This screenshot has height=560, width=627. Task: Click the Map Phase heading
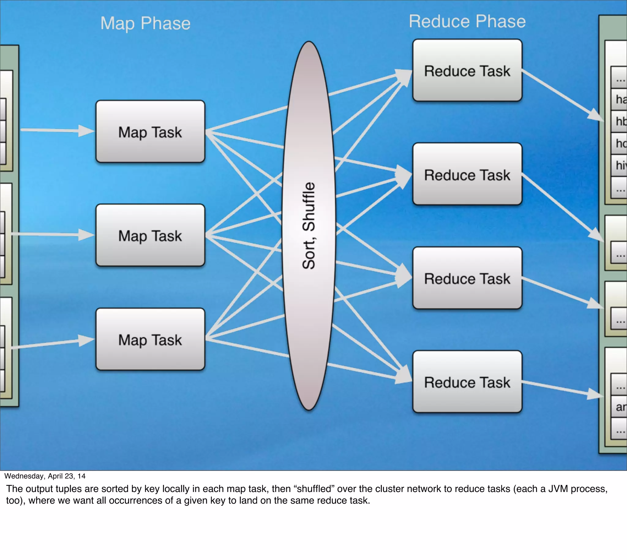(145, 23)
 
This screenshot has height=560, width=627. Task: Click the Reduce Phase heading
(467, 21)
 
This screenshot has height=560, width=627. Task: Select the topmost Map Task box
(150, 132)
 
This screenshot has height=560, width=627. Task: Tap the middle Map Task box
(150, 235)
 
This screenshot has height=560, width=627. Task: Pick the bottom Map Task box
(150, 339)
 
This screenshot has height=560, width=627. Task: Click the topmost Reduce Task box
(467, 70)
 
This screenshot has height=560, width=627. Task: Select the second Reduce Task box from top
(467, 174)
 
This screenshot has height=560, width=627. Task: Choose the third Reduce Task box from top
(467, 278)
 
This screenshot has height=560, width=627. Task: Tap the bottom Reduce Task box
(467, 382)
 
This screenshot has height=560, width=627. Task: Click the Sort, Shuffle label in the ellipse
(309, 225)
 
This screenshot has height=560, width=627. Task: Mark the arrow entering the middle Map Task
(52, 234)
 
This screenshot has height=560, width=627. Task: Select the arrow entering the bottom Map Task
(52, 343)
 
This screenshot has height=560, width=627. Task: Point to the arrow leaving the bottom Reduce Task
(561, 389)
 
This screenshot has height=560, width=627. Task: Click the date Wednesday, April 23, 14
(45, 476)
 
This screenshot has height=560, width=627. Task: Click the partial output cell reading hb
(621, 121)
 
